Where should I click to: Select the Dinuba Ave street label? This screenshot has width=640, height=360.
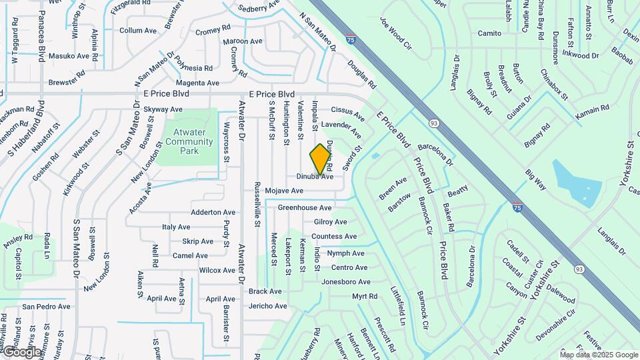point(315,177)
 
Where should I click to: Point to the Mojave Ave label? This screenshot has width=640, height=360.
point(284,191)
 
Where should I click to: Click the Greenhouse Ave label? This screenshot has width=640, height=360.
point(305,207)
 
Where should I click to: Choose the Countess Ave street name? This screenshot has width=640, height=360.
point(334,236)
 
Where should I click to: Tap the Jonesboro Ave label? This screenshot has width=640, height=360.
point(345,282)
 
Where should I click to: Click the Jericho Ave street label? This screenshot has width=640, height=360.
point(267,306)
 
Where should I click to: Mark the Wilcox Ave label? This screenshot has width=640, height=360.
point(217,271)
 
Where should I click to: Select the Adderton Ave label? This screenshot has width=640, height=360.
point(205,212)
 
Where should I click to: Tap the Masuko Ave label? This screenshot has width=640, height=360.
point(69,56)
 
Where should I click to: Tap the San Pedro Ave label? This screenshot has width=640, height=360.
point(46,307)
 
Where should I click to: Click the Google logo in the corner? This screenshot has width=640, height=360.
point(21,351)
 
